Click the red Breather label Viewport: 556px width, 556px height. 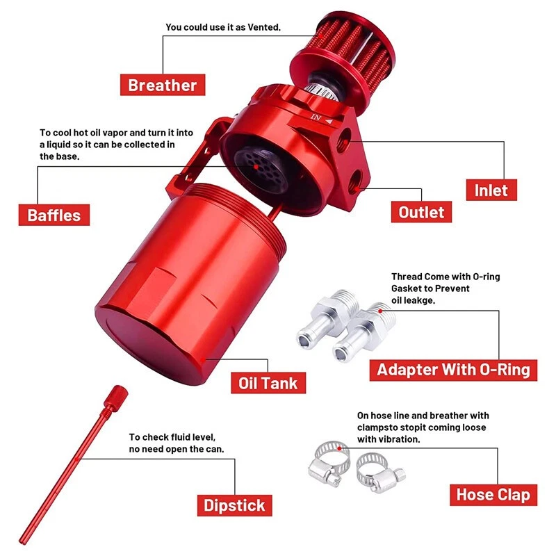pyautogui.click(x=163, y=85)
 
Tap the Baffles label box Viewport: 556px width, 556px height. pyautogui.click(x=54, y=215)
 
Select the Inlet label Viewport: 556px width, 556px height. pyautogui.click(x=491, y=190)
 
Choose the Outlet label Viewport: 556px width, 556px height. pyautogui.click(x=421, y=212)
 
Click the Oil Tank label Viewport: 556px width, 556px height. pyautogui.click(x=268, y=383)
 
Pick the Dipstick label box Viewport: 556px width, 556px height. pyautogui.click(x=234, y=505)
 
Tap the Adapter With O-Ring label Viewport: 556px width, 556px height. pyautogui.click(x=453, y=370)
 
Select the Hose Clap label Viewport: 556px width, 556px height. pyautogui.click(x=493, y=495)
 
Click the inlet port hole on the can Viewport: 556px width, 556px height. pyautogui.click(x=344, y=139)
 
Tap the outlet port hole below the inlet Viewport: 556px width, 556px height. pyautogui.click(x=355, y=180)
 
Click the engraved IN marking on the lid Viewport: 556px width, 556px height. pyautogui.click(x=316, y=117)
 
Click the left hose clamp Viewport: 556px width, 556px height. pyautogui.click(x=329, y=464)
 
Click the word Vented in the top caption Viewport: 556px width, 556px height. pyautogui.click(x=264, y=27)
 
